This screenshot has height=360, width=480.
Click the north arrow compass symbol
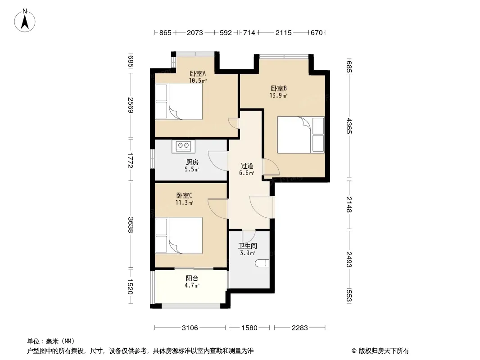(x=25, y=21)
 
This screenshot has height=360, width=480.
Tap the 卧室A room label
(x=198, y=73)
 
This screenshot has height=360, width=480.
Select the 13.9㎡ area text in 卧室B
(x=278, y=95)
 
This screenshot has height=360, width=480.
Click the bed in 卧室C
(x=179, y=235)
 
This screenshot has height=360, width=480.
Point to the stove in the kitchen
(x=183, y=146)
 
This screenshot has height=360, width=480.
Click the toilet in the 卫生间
(x=262, y=263)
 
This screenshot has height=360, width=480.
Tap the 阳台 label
(x=192, y=279)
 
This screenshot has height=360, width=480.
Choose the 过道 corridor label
(x=247, y=166)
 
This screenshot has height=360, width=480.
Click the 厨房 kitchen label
(x=192, y=162)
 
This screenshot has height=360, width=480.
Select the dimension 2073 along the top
(x=195, y=32)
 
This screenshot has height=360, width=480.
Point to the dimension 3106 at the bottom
(x=190, y=328)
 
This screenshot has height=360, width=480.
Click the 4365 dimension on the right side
(x=349, y=126)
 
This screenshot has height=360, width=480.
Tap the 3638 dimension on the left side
(x=131, y=225)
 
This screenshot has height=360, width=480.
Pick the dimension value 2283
(x=299, y=328)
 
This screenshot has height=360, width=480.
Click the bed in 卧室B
(x=301, y=135)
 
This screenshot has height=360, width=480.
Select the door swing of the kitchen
(x=218, y=161)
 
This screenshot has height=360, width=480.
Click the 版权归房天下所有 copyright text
(x=380, y=351)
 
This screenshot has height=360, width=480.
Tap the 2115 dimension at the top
(x=284, y=32)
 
